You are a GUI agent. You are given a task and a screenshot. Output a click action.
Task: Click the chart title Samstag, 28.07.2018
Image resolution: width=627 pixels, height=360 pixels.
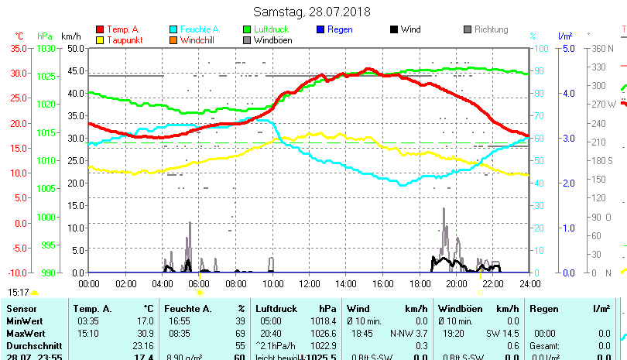[x=313, y=12]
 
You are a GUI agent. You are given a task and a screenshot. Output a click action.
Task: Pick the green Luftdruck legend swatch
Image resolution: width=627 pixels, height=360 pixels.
[x=247, y=29]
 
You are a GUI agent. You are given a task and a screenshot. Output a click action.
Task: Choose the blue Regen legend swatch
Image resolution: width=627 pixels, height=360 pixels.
[x=320, y=29]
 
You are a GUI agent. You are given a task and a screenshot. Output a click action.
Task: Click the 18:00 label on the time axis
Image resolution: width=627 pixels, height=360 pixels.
[x=420, y=283]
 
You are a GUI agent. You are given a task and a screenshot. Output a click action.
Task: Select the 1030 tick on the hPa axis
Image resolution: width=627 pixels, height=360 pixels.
[x=46, y=48]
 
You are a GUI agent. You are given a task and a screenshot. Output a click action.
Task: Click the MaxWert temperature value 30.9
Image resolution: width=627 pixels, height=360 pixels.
[x=145, y=333]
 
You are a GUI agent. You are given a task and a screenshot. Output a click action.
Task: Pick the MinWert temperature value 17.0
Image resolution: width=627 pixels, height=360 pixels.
[x=145, y=321]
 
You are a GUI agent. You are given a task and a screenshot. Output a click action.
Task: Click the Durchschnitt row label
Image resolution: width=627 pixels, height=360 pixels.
[x=29, y=345]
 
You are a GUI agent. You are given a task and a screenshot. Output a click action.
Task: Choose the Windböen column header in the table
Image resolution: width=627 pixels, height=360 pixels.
[x=457, y=309]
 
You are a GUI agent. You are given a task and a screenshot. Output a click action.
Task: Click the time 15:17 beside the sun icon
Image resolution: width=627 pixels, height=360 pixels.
[x=19, y=293]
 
